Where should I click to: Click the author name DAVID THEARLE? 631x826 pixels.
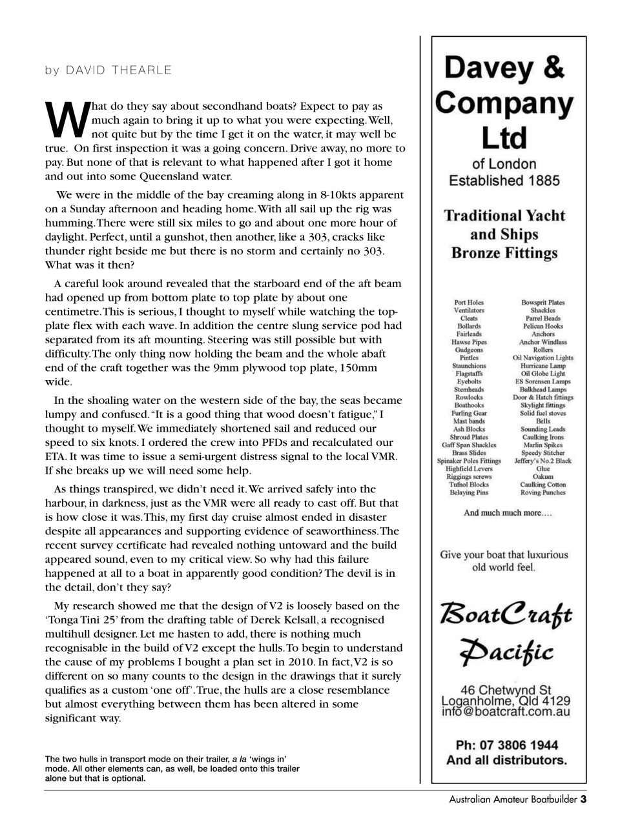click(x=119, y=70)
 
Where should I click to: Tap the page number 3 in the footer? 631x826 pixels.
click(x=583, y=800)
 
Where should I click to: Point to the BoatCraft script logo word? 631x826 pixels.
click(x=506, y=612)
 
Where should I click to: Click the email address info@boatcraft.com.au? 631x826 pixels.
click(x=505, y=712)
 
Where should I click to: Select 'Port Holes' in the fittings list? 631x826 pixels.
click(x=468, y=302)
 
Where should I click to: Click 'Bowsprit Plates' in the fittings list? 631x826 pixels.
click(x=543, y=302)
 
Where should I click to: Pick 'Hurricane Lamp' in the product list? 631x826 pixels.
click(x=543, y=365)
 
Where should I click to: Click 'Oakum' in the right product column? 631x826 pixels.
click(x=543, y=477)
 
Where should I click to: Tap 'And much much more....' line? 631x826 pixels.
click(x=508, y=513)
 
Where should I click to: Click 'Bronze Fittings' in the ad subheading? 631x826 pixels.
click(x=504, y=252)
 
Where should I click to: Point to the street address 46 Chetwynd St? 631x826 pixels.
click(x=506, y=690)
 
